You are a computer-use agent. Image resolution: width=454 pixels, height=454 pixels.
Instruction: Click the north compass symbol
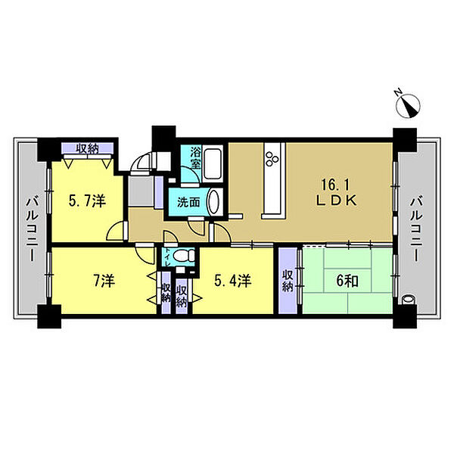pyautogui.click(x=409, y=106)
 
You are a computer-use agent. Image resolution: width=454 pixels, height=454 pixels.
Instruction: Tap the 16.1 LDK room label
pyautogui.click(x=337, y=192)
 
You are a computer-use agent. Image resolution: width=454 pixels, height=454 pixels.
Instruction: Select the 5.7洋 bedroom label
pyautogui.click(x=87, y=201)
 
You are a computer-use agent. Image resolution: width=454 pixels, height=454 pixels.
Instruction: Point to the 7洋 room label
pyautogui.click(x=104, y=281)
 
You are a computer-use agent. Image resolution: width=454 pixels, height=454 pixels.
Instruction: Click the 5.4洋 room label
pyautogui.click(x=233, y=281)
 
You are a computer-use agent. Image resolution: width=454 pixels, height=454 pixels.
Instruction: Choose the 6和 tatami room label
pyautogui.click(x=347, y=281)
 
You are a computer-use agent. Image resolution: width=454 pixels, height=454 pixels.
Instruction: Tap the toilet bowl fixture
pyautogui.click(x=185, y=256)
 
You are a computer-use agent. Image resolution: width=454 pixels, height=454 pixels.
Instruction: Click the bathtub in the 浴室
pyautogui.click(x=213, y=163)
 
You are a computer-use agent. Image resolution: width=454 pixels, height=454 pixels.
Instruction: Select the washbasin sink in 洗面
pyautogui.click(x=214, y=202)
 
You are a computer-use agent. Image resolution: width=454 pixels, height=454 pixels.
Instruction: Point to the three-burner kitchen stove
pyautogui.click(x=272, y=159)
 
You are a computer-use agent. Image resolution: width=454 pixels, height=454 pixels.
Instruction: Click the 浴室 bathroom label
pyautogui.click(x=196, y=158)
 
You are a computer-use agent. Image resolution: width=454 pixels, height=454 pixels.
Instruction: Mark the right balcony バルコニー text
pyautogui.click(x=415, y=229)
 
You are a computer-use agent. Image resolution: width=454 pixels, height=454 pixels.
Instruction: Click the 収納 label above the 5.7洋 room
pyautogui.click(x=88, y=149)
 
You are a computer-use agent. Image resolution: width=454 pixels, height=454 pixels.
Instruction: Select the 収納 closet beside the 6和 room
pyautogui.click(x=288, y=281)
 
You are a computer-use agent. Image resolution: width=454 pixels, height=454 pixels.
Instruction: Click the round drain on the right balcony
pyautogui.click(x=408, y=299)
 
